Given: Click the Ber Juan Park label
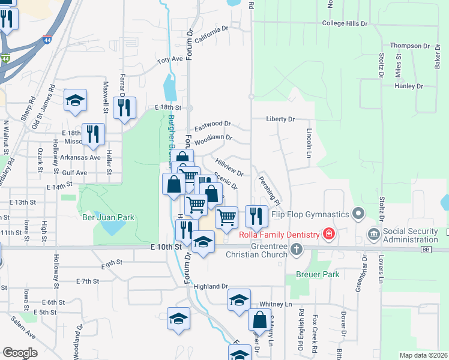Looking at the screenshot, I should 109,217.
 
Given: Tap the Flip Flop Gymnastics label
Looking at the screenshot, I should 310,214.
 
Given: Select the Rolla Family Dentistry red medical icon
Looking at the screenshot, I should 328,233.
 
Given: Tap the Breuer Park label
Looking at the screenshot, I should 318,274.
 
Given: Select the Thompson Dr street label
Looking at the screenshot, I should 410,46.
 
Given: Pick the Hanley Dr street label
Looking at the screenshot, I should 409,86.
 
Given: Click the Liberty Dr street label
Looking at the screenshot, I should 281,119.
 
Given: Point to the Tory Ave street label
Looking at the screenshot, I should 170,60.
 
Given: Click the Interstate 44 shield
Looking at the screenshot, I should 5,59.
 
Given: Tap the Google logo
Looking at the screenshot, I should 19,352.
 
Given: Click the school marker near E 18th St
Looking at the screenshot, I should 76,100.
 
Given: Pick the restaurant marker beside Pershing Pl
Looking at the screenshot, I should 256,216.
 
